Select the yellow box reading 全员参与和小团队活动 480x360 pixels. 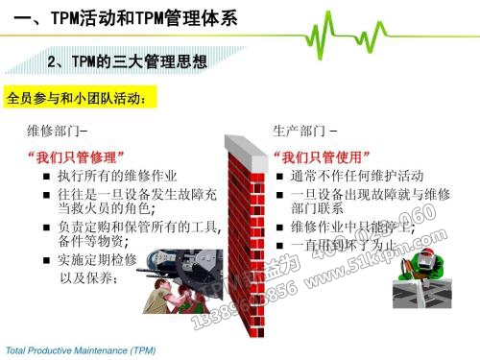point(78,98)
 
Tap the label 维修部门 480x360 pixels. point(59,130)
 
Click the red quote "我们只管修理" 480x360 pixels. point(76,156)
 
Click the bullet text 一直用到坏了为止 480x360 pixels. point(343,245)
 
